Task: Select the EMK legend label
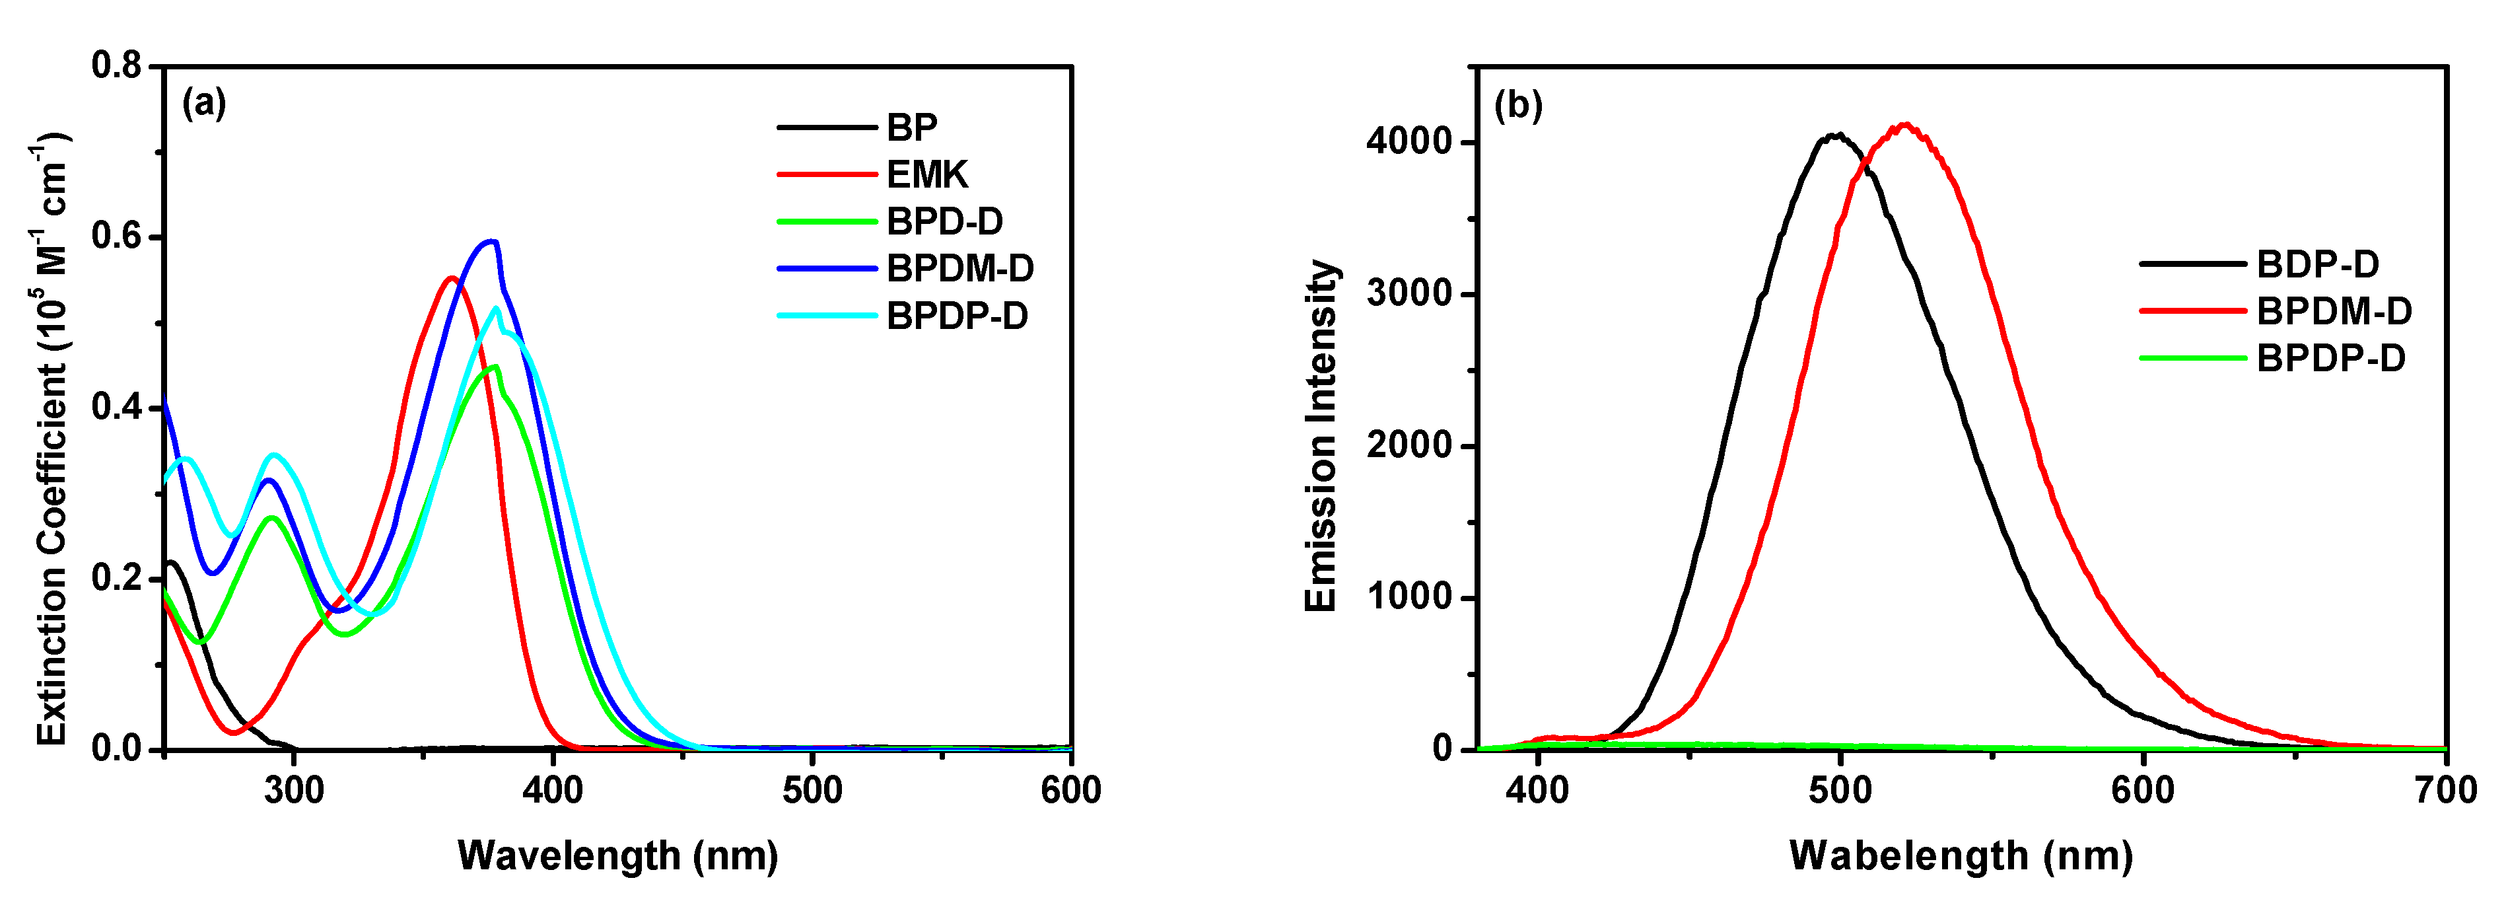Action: click(926, 175)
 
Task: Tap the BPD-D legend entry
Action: click(944, 222)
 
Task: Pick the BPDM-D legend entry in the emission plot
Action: click(2334, 311)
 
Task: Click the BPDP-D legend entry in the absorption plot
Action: click(956, 316)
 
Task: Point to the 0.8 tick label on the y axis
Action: click(117, 66)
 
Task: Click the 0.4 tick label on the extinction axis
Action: click(117, 408)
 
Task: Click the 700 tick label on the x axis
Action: click(2445, 790)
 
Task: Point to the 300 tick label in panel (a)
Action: click(294, 790)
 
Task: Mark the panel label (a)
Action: click(204, 102)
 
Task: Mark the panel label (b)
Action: click(1517, 105)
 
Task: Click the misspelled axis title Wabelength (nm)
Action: click(1961, 856)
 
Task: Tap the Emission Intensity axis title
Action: click(1321, 436)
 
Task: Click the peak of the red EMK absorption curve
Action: click(450, 278)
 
